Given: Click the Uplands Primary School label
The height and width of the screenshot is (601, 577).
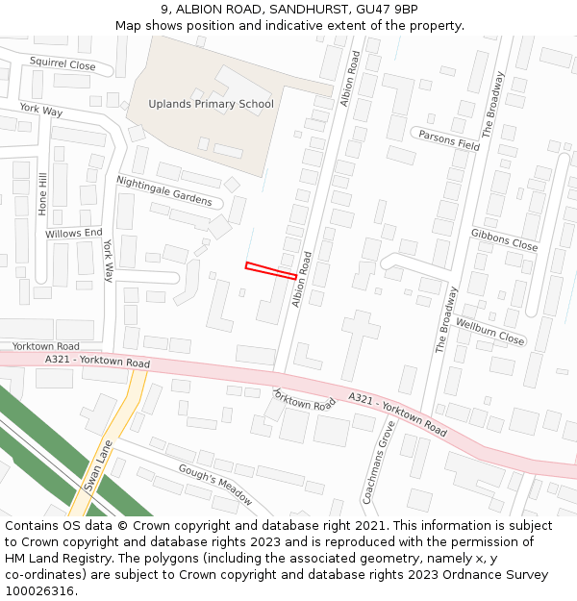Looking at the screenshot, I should (x=211, y=104).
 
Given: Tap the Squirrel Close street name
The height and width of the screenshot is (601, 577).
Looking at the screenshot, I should (x=63, y=65).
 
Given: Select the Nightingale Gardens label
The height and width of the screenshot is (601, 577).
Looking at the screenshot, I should (x=163, y=190).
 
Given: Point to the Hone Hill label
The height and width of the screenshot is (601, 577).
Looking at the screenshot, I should (x=42, y=193).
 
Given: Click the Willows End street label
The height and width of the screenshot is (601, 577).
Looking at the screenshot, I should (x=73, y=234).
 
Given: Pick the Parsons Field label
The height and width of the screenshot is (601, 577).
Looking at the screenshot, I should (x=449, y=139).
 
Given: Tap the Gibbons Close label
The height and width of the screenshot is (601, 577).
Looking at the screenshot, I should (x=504, y=239).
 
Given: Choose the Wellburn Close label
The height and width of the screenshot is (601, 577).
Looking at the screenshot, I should (x=489, y=332).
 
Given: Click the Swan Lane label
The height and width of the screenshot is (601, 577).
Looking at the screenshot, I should (x=98, y=466).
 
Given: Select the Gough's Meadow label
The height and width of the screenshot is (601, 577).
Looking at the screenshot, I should (x=214, y=484).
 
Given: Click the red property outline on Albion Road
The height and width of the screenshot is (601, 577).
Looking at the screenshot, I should (x=270, y=270).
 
